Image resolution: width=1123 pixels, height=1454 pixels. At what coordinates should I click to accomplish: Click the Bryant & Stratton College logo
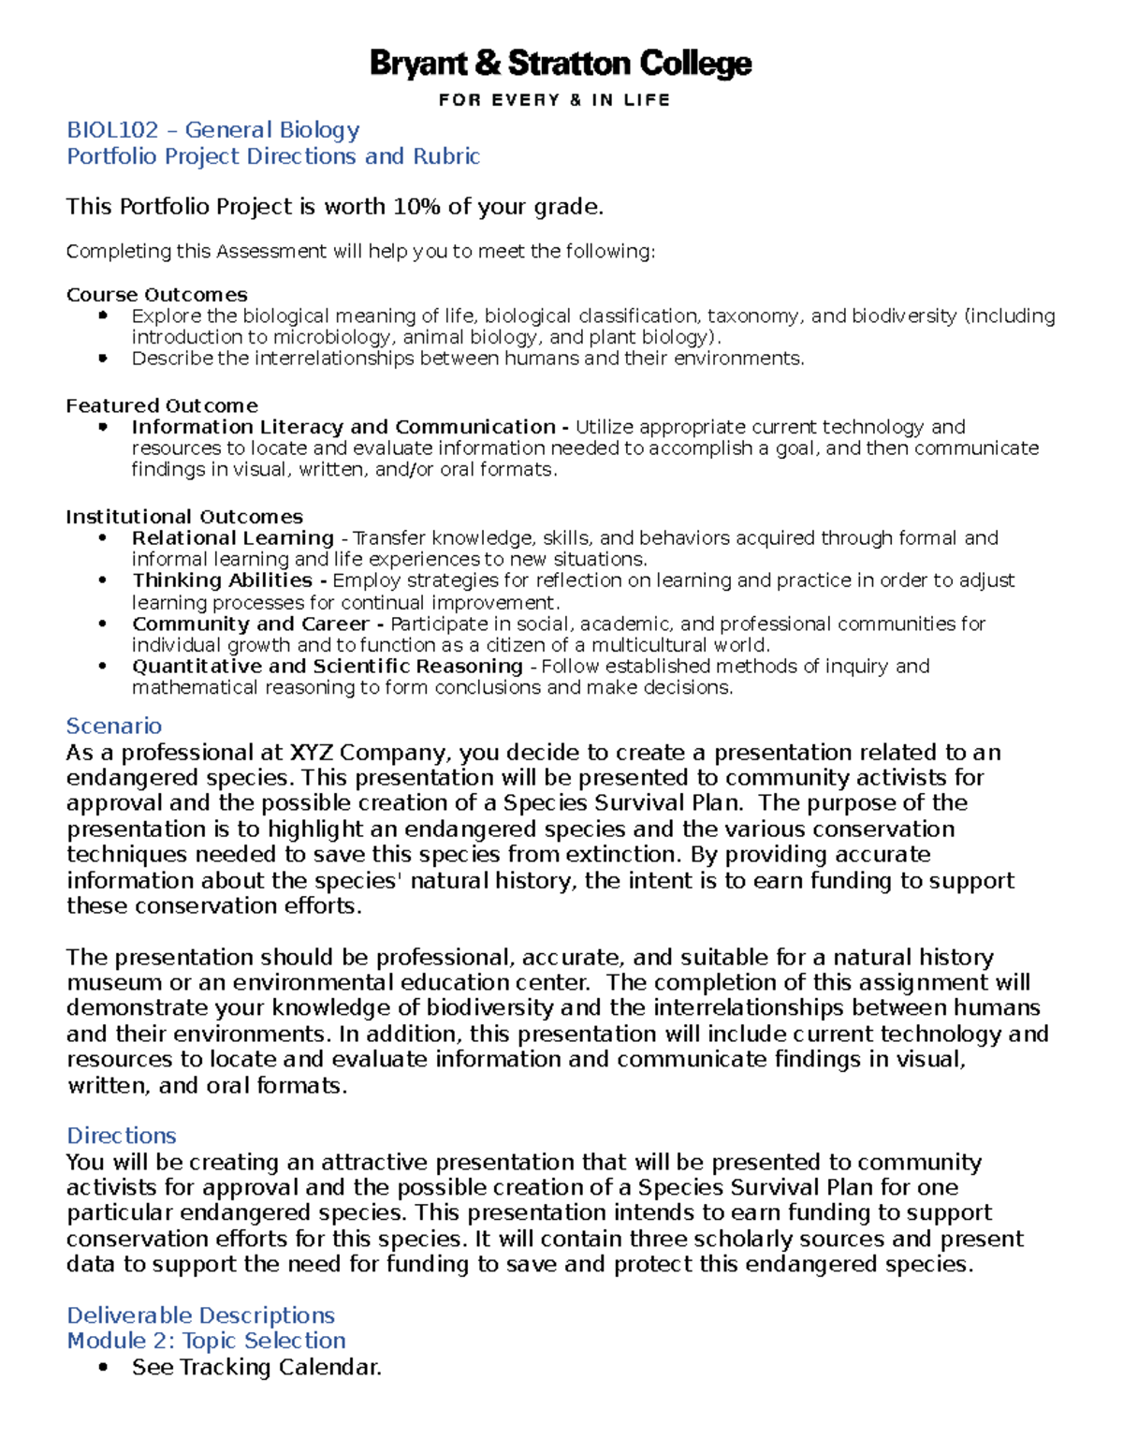[x=560, y=65]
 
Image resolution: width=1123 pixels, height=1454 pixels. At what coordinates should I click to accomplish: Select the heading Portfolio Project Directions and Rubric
[x=272, y=156]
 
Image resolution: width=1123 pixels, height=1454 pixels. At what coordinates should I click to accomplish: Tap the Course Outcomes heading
[x=156, y=295]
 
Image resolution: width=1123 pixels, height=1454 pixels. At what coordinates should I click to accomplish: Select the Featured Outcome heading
[x=161, y=405]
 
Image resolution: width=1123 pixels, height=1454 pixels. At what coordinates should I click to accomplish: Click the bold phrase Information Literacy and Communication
[x=343, y=427]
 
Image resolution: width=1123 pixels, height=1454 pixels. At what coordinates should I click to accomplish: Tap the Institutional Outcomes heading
[x=184, y=517]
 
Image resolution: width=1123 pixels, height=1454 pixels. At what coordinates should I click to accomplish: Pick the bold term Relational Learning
[x=232, y=538]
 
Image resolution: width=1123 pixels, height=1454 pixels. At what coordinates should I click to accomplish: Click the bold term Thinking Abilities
[x=222, y=580]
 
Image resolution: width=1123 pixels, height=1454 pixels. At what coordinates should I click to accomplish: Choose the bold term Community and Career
[x=250, y=624]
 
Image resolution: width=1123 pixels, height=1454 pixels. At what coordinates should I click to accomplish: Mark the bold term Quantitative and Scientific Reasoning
[x=327, y=666]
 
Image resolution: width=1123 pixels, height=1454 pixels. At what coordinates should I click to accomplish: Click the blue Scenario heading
[x=113, y=726]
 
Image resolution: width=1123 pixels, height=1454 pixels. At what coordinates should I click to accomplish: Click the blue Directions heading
[x=121, y=1136]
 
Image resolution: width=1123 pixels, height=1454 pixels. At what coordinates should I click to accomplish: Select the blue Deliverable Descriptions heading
[x=200, y=1315]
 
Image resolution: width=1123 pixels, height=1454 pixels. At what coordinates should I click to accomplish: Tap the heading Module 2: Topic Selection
[x=206, y=1341]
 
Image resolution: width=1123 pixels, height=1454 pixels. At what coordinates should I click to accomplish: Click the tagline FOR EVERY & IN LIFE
[x=554, y=100]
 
